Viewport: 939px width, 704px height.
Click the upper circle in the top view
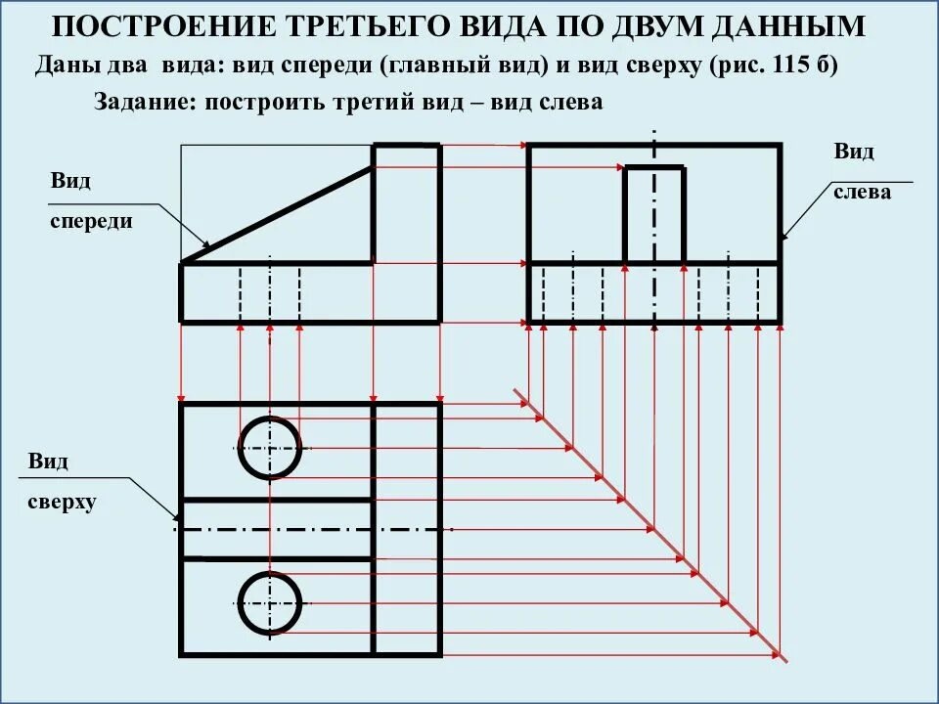[x=270, y=448]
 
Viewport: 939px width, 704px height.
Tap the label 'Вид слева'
[x=861, y=172]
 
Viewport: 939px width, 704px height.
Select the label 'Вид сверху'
[x=61, y=482]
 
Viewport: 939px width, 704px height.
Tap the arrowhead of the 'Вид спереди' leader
[x=206, y=244]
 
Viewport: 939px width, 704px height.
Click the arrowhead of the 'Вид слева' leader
[x=783, y=238]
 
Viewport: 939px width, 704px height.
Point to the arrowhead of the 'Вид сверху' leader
[x=177, y=517]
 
